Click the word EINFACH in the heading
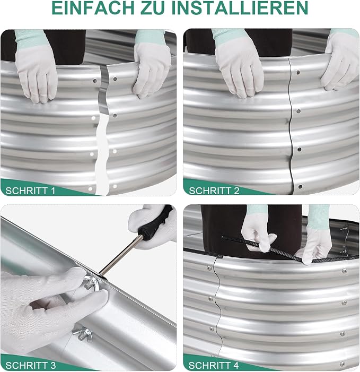coord(93,8)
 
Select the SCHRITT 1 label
coord(30,191)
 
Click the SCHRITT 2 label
coord(214,191)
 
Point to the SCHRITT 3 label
coord(31,365)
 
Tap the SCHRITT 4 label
coord(214,365)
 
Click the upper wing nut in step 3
coord(92,283)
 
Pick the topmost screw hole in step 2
coord(298,72)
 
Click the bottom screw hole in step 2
coord(300,187)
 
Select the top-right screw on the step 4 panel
coord(344,271)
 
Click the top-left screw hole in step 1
coord(95,81)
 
